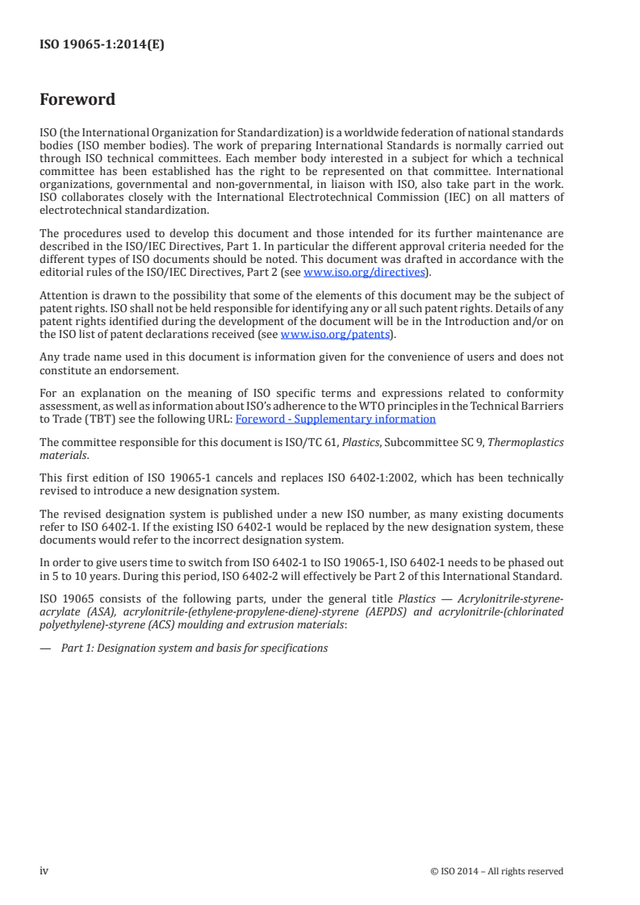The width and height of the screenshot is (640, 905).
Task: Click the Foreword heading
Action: click(x=77, y=100)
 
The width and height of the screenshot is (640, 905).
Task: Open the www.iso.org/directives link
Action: click(x=364, y=273)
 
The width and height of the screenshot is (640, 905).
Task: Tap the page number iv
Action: click(x=44, y=870)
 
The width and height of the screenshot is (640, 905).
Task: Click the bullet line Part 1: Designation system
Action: click(x=195, y=648)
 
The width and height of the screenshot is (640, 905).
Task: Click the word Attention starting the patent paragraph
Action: click(x=63, y=295)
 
